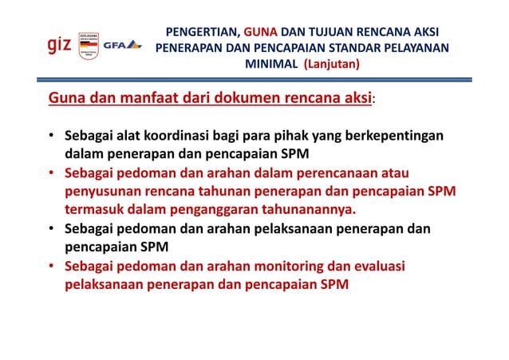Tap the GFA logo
click(x=122, y=45)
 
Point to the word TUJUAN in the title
click(x=335, y=33)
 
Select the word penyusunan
click(x=103, y=191)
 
